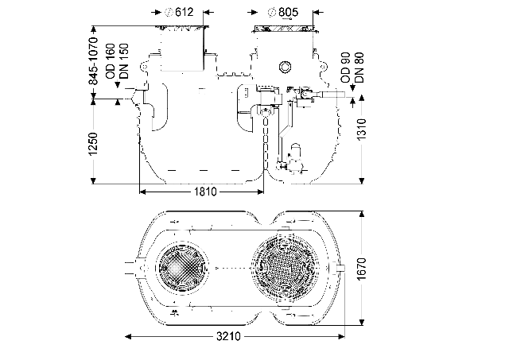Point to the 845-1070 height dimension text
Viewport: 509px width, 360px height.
[x=93, y=60]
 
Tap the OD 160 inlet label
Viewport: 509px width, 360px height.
[x=111, y=61]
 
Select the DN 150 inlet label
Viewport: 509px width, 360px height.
[x=124, y=61]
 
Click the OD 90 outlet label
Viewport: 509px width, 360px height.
[x=345, y=68]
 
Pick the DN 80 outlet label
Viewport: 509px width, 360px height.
[x=359, y=68]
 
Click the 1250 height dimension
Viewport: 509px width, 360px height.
[x=93, y=144]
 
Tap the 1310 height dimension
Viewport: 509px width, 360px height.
[x=362, y=130]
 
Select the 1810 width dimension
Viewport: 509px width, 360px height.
[x=205, y=192]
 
